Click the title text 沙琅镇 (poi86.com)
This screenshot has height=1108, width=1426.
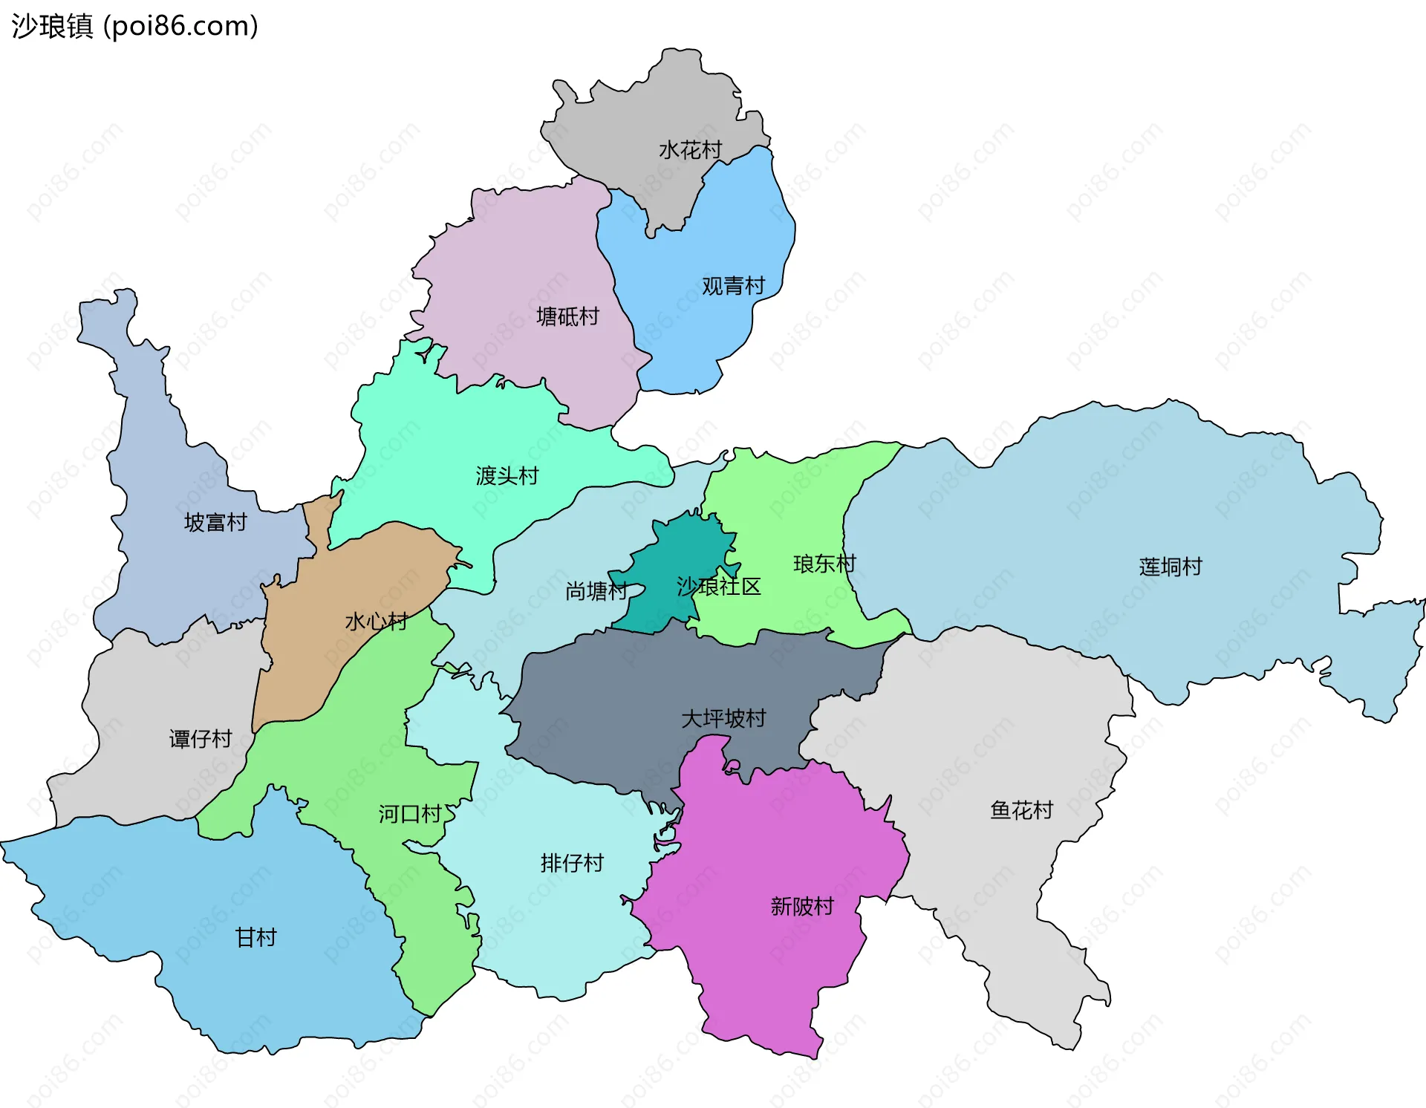point(134,26)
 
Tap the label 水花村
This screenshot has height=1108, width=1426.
point(690,150)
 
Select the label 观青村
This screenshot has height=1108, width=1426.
point(733,286)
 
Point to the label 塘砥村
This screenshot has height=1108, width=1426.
point(567,317)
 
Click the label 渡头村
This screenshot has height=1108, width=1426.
point(507,476)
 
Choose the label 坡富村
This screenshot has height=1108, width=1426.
point(215,523)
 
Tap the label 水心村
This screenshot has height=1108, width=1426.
point(376,622)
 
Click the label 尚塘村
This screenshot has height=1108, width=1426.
point(596,592)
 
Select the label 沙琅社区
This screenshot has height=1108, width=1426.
point(719,587)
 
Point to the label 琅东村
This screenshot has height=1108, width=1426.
point(824,564)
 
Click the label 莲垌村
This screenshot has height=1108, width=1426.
point(1171,567)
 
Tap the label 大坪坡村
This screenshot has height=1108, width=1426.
point(723,719)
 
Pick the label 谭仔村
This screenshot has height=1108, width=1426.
point(201,739)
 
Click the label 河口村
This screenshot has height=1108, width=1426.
point(410,815)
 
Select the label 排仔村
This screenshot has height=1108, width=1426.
point(572,864)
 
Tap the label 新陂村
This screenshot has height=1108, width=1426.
point(802,907)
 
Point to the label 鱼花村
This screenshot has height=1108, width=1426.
point(1021,810)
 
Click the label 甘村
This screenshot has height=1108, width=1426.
point(255,938)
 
